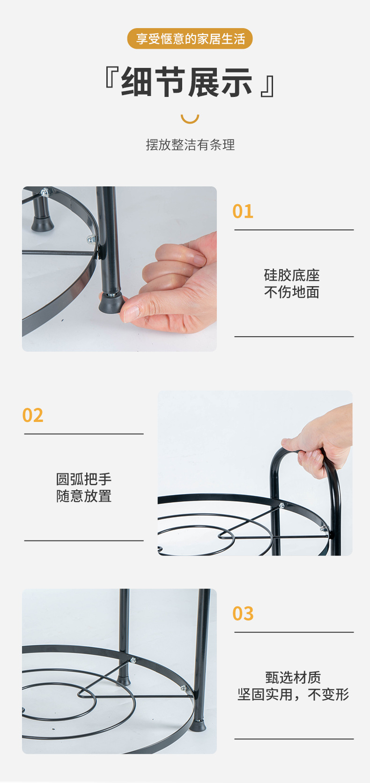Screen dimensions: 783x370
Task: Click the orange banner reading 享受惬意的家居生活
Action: click(x=190, y=38)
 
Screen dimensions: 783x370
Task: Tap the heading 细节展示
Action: click(x=187, y=82)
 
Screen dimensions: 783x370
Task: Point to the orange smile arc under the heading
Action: click(x=190, y=118)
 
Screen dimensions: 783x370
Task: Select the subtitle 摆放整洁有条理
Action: click(x=190, y=145)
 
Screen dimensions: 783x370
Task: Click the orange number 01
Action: click(x=243, y=212)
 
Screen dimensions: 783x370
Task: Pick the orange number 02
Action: click(x=33, y=415)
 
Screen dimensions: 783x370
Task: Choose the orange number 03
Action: click(x=243, y=614)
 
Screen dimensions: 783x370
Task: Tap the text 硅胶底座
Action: click(x=291, y=275)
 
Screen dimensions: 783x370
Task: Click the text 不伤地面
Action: click(x=291, y=292)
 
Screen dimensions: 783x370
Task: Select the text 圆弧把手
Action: click(x=84, y=479)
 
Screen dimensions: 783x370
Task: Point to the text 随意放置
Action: click(x=84, y=496)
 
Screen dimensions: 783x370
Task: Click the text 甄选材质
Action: click(x=293, y=677)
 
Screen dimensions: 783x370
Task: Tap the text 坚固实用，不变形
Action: click(x=293, y=694)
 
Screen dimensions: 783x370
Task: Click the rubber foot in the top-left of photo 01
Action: click(x=42, y=223)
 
